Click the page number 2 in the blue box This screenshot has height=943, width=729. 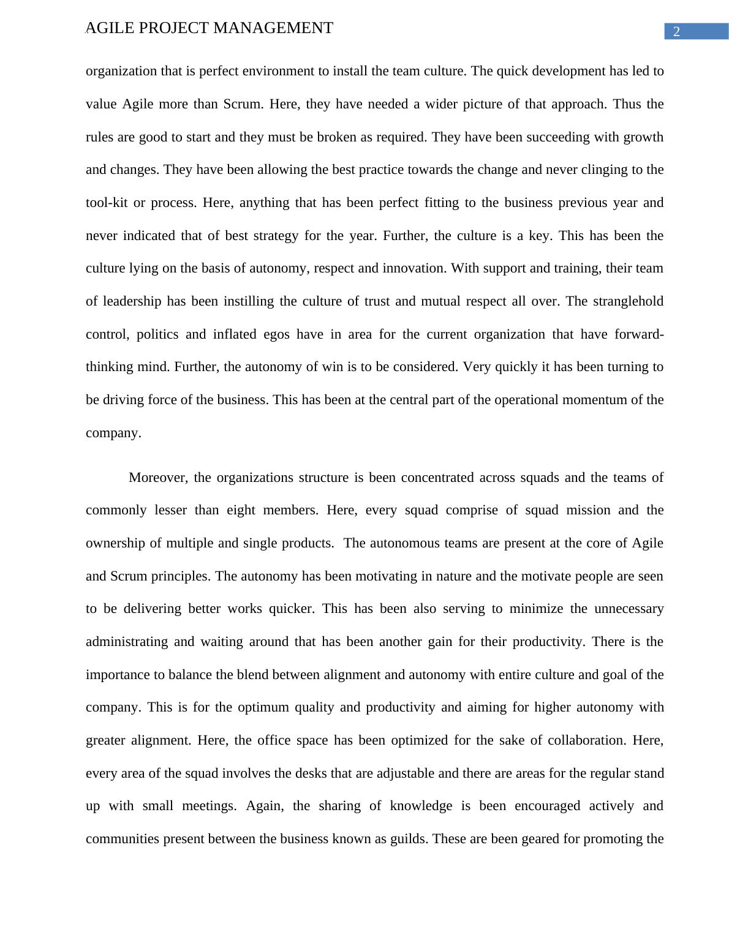point(676,32)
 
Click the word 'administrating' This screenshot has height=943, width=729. point(126,642)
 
